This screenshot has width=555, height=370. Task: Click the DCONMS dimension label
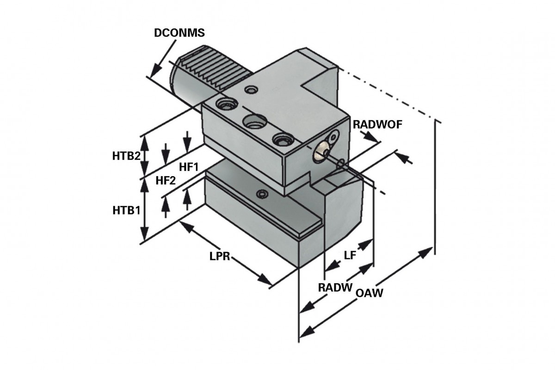tap(180, 33)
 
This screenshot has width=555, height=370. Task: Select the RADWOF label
tap(377, 124)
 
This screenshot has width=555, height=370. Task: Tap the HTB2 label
tap(126, 156)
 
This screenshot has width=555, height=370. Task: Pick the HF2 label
tap(166, 181)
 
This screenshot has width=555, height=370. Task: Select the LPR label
tap(220, 257)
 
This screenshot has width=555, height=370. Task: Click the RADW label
tap(335, 287)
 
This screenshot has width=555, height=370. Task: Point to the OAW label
tap(370, 292)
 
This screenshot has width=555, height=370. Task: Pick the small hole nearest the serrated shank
tap(251, 89)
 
